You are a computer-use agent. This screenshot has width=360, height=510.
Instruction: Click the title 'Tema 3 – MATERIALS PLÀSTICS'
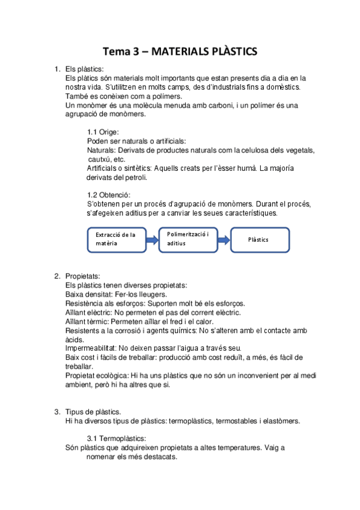tap(180, 52)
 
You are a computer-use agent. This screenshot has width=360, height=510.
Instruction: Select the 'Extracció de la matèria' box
tap(115, 239)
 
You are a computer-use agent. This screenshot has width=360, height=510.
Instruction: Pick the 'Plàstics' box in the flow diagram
tap(260, 239)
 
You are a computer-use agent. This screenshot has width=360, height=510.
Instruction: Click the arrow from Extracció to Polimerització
tap(151, 239)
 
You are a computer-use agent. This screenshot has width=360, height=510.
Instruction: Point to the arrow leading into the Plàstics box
tap(223, 239)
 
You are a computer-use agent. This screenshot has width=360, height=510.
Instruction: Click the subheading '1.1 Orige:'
tap(103, 132)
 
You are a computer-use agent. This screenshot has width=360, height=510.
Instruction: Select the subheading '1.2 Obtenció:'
tap(108, 195)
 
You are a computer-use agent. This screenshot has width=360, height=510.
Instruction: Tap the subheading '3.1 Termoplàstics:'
tap(117, 438)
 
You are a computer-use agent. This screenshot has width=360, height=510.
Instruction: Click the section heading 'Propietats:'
tap(82, 276)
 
